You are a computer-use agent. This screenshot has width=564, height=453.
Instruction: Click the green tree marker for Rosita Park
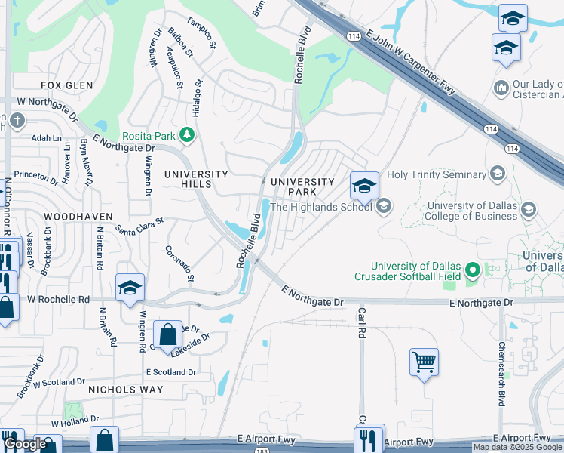[188, 136]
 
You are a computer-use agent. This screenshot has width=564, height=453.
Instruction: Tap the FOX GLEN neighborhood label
[66, 85]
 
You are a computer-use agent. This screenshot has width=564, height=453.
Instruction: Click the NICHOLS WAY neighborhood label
[125, 390]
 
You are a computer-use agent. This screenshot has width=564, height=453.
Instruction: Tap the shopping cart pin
[425, 362]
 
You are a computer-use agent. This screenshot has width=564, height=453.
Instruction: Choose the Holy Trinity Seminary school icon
[496, 174]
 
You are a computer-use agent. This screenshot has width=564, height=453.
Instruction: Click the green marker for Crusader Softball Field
[473, 270]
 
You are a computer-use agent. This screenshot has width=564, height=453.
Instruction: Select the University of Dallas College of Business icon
[529, 208]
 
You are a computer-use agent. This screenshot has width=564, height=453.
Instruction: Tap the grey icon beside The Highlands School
[384, 206]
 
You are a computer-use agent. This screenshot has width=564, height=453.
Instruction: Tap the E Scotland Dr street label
[171, 372]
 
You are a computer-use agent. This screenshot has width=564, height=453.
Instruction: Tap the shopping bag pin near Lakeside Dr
[167, 334]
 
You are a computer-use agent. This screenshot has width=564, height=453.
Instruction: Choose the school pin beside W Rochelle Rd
[130, 288]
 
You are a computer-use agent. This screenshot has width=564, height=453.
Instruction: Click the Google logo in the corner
[25, 445]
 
